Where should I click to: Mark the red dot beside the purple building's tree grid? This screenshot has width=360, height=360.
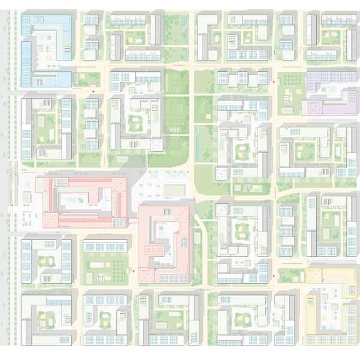[x=274, y=82]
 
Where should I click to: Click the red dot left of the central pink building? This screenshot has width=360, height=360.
[x=132, y=271]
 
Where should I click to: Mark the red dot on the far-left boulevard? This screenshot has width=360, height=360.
[x=12, y=203]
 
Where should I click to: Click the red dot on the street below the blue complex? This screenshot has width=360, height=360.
[x=94, y=92]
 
